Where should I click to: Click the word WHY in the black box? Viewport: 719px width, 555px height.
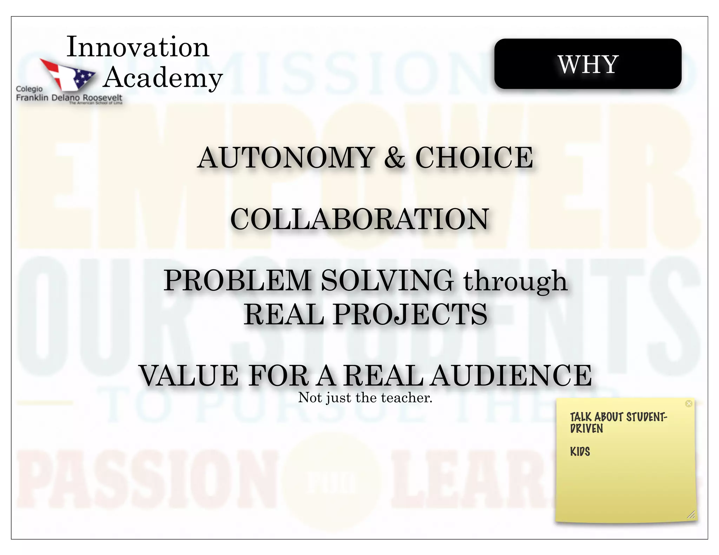pos(588,65)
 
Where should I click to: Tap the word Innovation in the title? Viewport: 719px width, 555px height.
pos(138,47)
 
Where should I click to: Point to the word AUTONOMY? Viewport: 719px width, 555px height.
pos(286,158)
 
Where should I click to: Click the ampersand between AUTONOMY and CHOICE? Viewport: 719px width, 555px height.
pos(395,158)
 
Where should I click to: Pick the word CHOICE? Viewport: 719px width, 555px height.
pos(474,158)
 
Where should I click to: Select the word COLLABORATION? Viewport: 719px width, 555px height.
pos(359,219)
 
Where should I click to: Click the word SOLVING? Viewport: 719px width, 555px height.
pos(387,281)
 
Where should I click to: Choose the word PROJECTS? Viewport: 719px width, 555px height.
pos(410,314)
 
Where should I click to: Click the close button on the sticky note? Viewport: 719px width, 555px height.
pos(689,404)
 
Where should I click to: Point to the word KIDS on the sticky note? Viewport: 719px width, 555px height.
pos(580,452)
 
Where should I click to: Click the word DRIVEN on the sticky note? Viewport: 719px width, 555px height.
pos(586,429)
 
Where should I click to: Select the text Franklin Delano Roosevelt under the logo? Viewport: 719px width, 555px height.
pos(69,98)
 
